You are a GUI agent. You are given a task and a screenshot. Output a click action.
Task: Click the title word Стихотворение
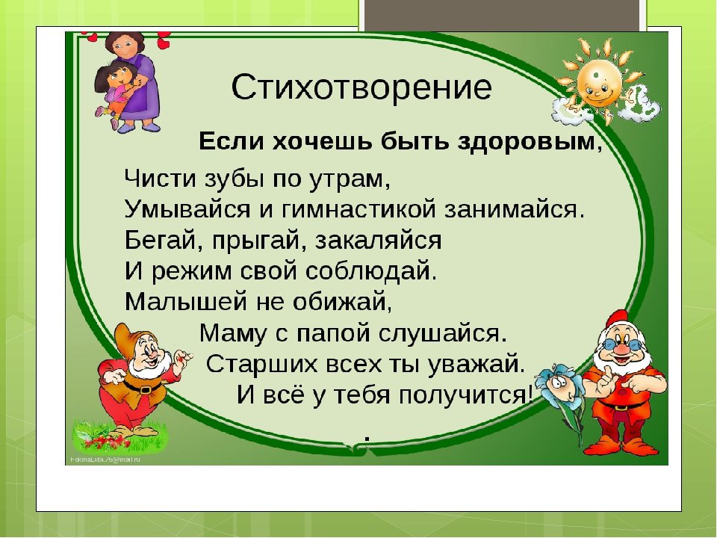tap(361, 87)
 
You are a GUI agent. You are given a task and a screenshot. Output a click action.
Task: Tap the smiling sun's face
tap(598, 84)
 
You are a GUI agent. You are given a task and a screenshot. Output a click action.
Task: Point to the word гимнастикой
tap(358, 209)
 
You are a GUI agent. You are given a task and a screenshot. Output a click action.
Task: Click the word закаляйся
tap(379, 241)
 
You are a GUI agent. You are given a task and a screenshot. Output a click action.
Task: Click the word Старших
tap(261, 364)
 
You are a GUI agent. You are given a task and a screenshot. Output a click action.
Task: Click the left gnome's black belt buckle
tap(146, 389)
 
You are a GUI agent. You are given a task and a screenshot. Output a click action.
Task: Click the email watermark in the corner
tap(105, 460)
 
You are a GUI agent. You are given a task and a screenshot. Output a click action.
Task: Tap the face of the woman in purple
tap(122, 44)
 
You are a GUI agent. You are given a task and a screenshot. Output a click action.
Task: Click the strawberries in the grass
tap(106, 442)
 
